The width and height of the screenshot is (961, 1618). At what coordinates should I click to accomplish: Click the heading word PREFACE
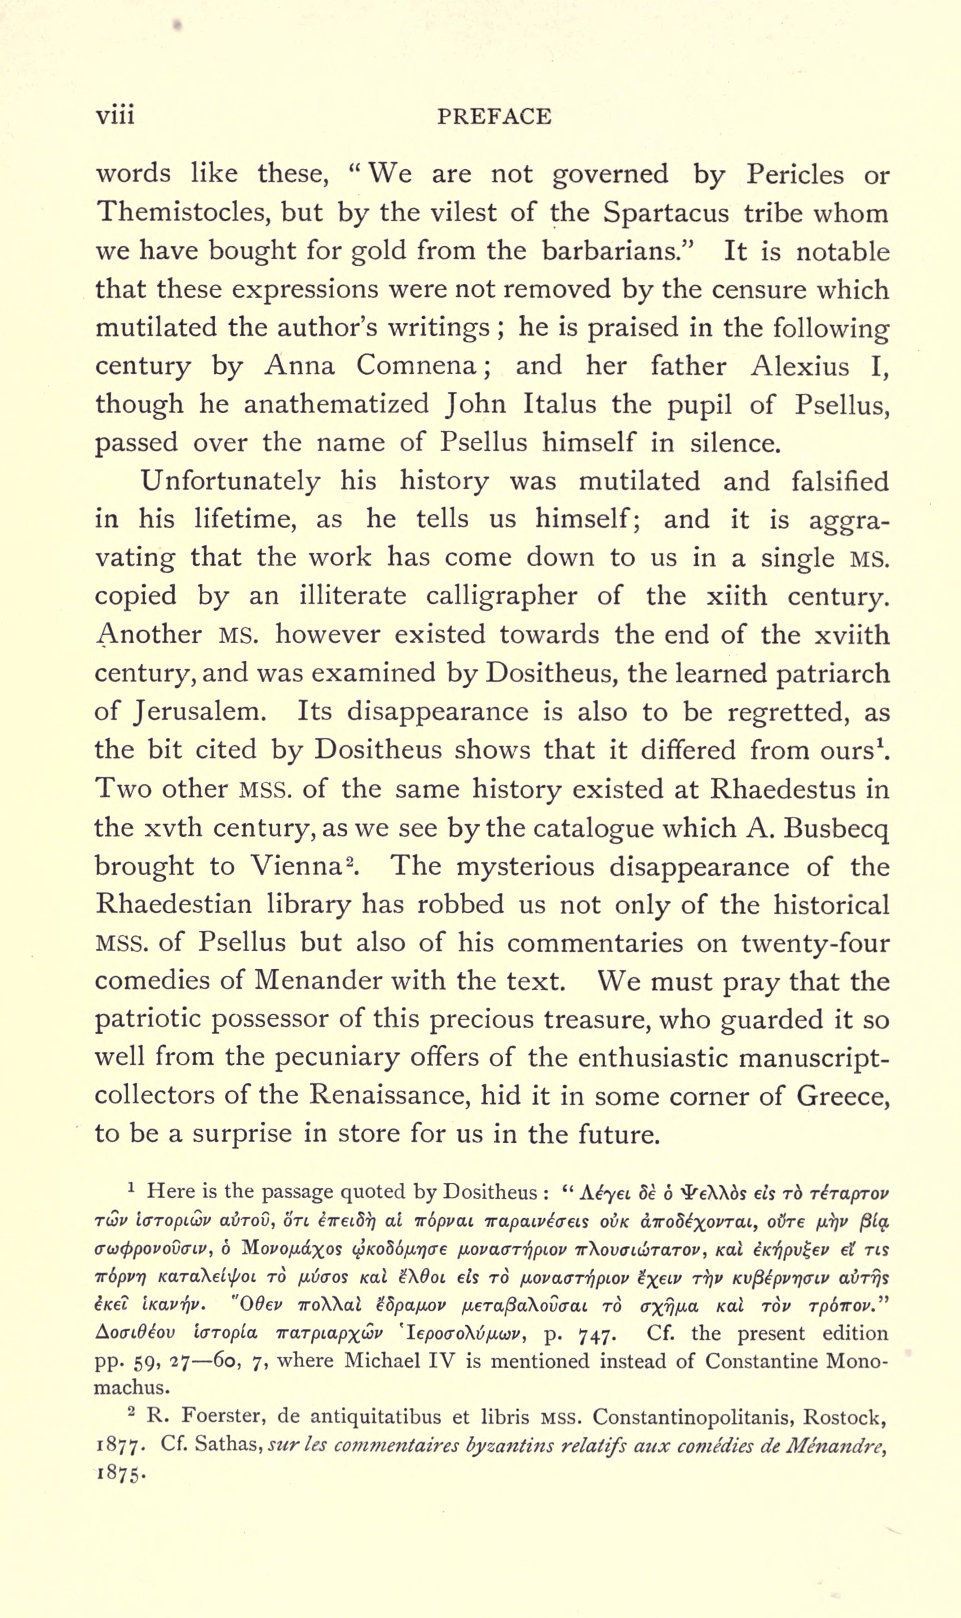coord(494,117)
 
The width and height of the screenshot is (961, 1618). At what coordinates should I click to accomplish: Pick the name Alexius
coord(800,366)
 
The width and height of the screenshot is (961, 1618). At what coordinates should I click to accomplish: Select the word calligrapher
coord(501,596)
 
